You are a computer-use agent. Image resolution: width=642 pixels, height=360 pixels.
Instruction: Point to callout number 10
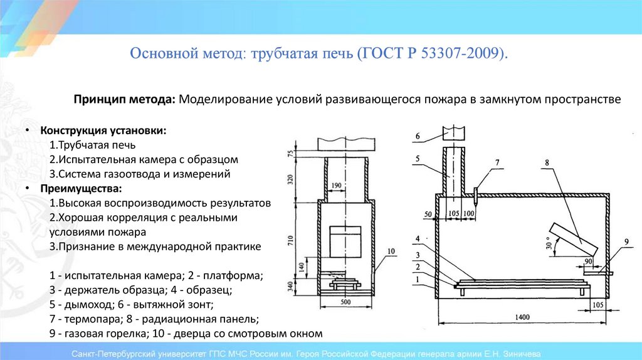coord(391,251)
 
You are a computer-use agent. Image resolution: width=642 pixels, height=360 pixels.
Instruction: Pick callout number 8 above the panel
coord(547,162)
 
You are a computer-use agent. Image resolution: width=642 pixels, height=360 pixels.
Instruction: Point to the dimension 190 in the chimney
coord(353,186)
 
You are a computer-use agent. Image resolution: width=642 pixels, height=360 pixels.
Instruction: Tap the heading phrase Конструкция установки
coord(103,131)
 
